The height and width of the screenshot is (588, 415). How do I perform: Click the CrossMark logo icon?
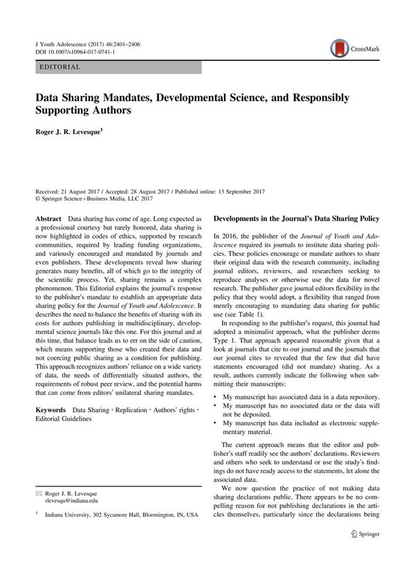point(339,48)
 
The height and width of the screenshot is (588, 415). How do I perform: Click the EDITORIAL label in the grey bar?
point(61,67)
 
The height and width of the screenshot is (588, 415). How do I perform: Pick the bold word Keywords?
point(52,410)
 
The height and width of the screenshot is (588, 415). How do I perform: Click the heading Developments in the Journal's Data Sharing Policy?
point(298,219)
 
